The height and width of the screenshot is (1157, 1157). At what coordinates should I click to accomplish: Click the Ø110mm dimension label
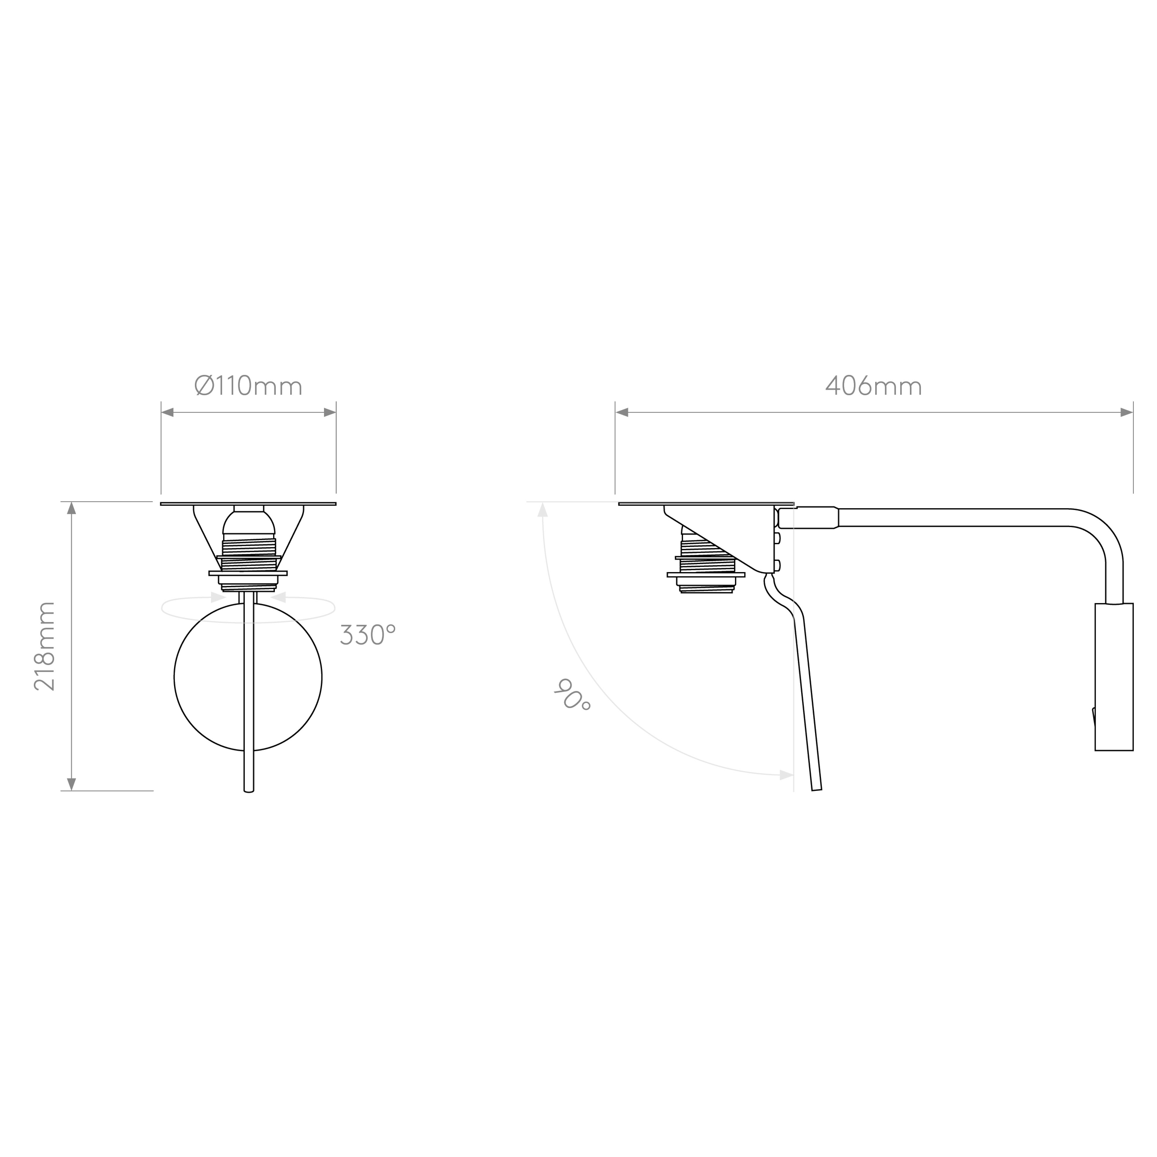pos(248,386)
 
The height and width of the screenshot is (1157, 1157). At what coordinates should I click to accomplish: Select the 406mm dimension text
pos(874,386)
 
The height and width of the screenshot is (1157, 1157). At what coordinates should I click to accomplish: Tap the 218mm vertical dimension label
pos(44,646)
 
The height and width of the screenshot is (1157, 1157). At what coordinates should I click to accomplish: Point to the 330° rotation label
pos(368,634)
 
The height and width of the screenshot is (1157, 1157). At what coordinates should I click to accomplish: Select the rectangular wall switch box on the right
pos(1114,677)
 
